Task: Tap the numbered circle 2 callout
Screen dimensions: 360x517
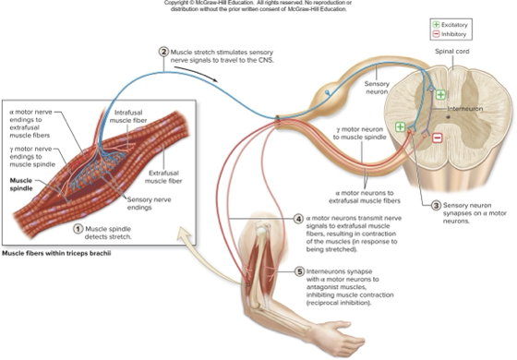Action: (x=163, y=52)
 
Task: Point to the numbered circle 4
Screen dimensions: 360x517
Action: (x=298, y=219)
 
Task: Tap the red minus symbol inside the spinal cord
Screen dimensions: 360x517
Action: (x=438, y=138)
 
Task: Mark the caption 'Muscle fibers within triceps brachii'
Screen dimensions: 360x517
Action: (x=64, y=252)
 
